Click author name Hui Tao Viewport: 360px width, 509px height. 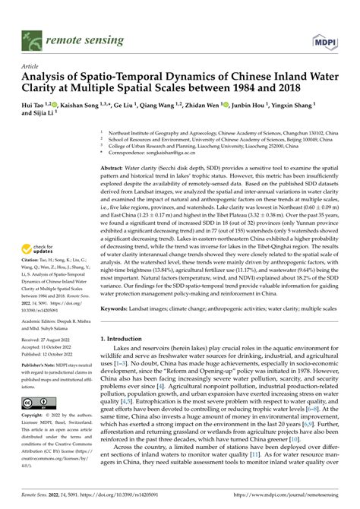coord(34,105)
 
